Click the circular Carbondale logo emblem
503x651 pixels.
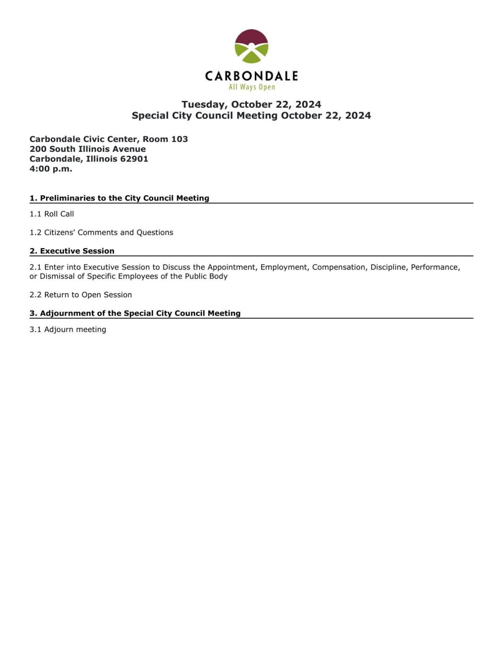point(251,46)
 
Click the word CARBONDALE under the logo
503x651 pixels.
point(251,76)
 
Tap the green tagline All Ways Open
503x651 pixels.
point(251,87)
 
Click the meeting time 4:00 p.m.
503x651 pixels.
point(51,169)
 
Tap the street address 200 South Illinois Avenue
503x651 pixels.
point(88,149)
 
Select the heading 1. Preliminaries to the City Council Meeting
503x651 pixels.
point(119,198)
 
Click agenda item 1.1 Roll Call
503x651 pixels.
point(52,214)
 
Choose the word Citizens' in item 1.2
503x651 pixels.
point(59,232)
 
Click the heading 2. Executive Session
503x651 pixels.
point(72,251)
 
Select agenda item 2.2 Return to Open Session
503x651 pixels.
point(80,295)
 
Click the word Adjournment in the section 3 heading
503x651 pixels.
point(67,313)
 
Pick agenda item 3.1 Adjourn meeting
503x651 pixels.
point(67,330)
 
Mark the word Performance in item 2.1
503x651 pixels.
point(435,267)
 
